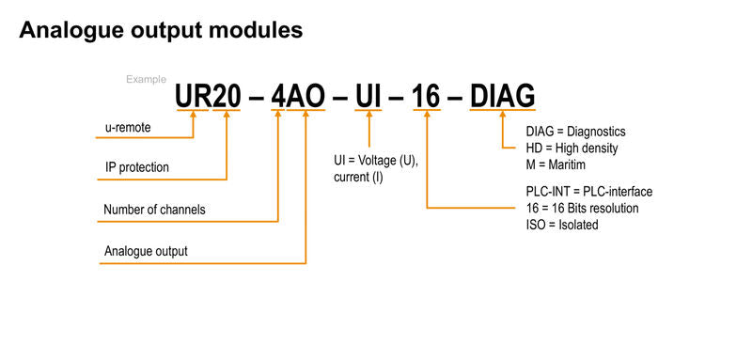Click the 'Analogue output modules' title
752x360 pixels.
161,30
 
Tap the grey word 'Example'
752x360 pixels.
147,80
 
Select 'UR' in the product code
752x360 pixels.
194,97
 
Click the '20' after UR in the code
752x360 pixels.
227,97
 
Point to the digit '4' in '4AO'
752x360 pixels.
278,97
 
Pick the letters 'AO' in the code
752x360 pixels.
305,97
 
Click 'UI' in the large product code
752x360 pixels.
368,97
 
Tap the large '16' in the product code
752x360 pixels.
427,97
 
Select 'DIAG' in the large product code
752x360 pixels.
502,97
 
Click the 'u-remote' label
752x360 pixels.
128,128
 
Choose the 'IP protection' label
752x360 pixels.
137,167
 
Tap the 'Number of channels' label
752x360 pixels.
154,210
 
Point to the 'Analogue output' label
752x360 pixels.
146,251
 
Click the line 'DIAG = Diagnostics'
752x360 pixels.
575,132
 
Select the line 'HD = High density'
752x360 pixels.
572,149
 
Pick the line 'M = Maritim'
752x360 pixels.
556,164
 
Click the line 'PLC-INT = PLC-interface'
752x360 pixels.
589,192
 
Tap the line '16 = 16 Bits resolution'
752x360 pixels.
582,209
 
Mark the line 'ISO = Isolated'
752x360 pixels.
562,225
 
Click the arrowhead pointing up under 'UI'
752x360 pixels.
368,115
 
